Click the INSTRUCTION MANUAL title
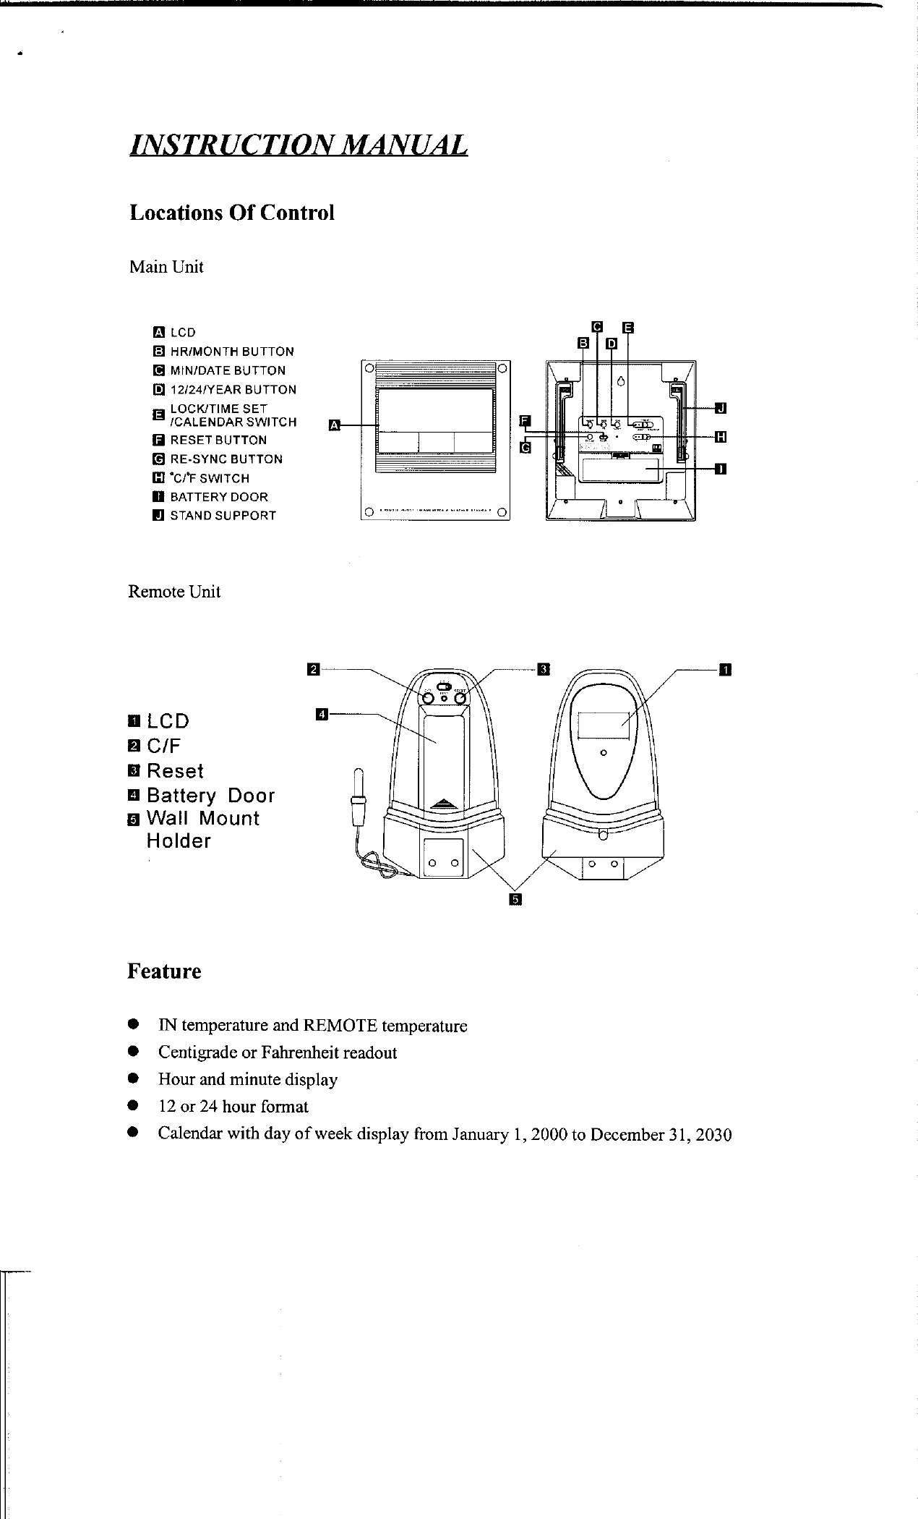[298, 145]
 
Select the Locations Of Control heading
[231, 213]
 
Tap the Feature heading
[164, 971]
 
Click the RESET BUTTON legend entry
[218, 440]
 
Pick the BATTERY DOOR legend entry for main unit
[218, 497]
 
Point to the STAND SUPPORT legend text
[223, 516]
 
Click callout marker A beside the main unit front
[334, 425]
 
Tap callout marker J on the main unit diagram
[720, 409]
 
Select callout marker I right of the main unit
[720, 469]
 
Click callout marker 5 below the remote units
[515, 899]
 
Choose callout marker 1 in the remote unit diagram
[726, 668]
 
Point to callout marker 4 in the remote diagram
[322, 715]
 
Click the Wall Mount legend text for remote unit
[202, 819]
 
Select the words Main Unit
[166, 267]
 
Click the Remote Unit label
[174, 592]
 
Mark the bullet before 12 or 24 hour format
[132, 1106]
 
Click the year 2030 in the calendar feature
[714, 1134]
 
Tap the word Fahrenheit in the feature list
[304, 1052]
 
